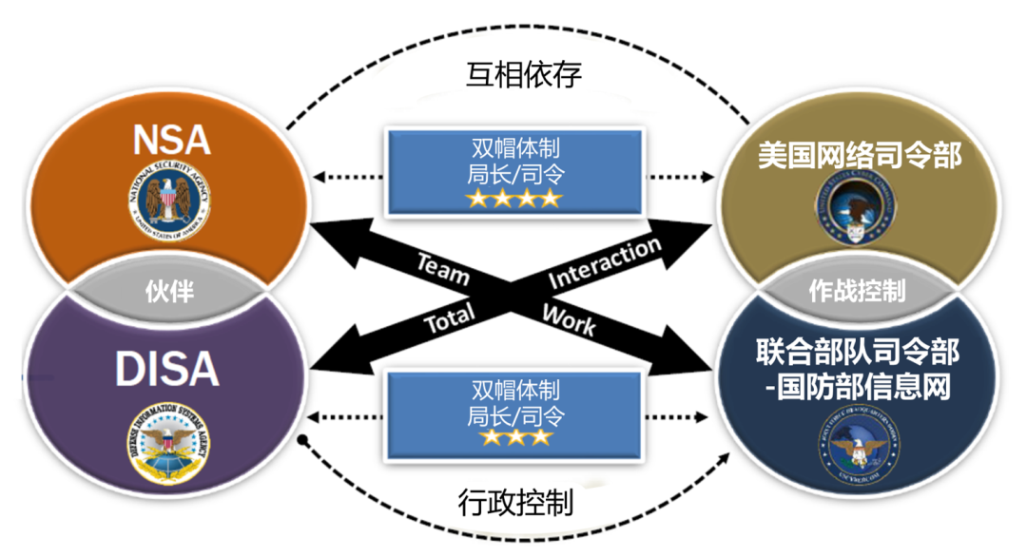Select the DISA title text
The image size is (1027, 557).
[167, 369]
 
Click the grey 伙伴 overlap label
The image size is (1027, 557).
[170, 291]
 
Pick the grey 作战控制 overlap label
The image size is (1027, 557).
[856, 289]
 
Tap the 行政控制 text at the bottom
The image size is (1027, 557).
[516, 498]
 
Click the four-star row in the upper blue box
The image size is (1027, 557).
[513, 198]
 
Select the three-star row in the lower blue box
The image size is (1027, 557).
[514, 438]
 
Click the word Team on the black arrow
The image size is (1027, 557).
[442, 268]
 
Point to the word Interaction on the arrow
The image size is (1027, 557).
[605, 263]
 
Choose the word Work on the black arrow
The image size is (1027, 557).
[569, 319]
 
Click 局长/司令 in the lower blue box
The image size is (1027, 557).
[514, 414]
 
